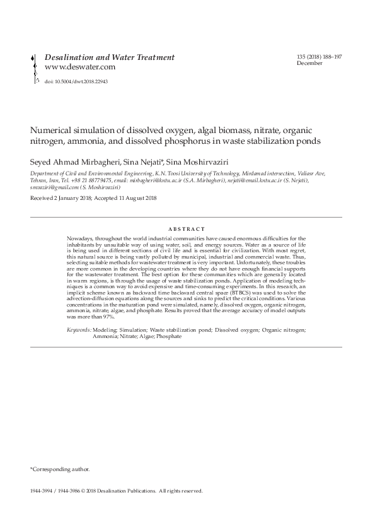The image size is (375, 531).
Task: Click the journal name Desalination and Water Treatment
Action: coord(110,57)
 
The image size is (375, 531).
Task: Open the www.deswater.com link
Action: coord(80,67)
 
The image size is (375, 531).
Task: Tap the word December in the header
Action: coord(309,64)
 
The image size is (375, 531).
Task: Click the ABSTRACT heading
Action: coord(187,229)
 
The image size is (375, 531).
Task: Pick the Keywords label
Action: coord(79,330)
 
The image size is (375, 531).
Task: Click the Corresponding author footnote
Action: coord(60,469)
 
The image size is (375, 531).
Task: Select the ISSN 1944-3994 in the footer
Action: coord(42,490)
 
